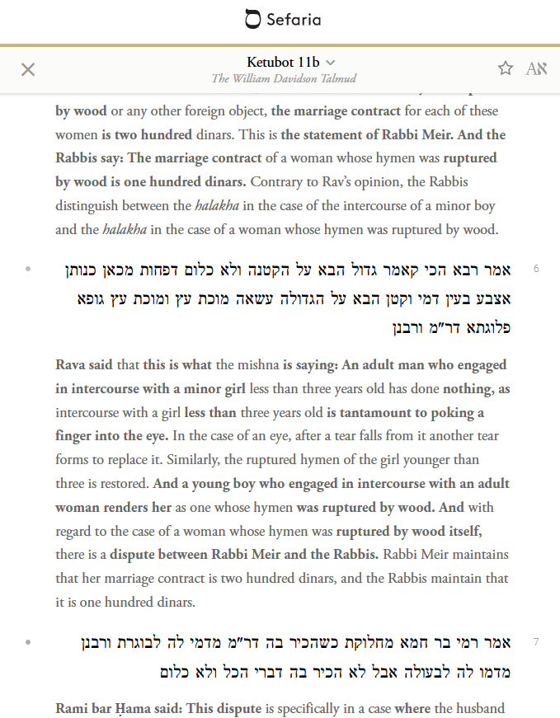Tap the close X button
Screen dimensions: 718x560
pos(28,69)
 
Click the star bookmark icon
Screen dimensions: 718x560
pos(506,68)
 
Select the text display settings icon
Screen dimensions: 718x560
pos(536,68)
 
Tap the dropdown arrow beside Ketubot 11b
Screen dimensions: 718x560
pos(331,63)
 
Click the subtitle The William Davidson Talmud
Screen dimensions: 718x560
pos(284,78)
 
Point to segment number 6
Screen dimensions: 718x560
pos(536,269)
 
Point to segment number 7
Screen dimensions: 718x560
pos(536,641)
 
